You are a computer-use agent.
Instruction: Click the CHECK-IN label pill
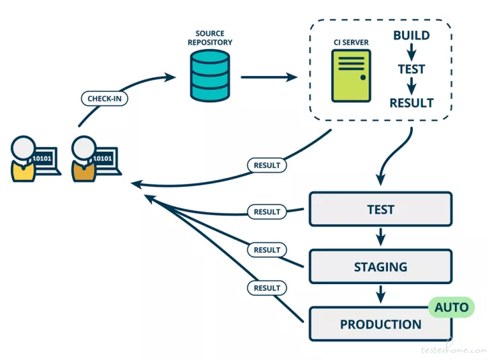click(x=104, y=99)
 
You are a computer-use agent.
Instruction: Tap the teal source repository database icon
click(x=210, y=76)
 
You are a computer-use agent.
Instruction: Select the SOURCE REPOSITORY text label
click(x=210, y=38)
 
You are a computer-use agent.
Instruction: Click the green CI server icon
click(x=351, y=76)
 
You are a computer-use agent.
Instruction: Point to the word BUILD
click(x=411, y=35)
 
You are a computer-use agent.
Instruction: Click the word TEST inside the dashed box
click(x=411, y=69)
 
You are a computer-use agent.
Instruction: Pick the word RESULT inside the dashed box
click(x=411, y=103)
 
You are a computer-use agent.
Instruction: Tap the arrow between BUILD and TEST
click(x=411, y=52)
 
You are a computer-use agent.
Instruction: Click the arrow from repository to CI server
click(x=269, y=77)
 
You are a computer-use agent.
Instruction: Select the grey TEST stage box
click(x=380, y=210)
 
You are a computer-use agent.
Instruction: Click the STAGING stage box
click(x=380, y=267)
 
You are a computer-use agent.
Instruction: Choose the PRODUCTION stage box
click(x=380, y=324)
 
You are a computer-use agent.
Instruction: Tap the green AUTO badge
click(x=451, y=307)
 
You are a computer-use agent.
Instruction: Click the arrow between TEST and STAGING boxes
click(x=380, y=236)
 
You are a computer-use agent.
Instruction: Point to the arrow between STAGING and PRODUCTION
click(x=380, y=294)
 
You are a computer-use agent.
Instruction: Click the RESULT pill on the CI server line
click(x=267, y=165)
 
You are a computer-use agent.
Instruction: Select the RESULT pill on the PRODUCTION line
click(x=267, y=288)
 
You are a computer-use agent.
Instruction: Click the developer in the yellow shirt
click(x=23, y=159)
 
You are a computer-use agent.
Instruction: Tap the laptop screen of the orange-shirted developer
click(x=103, y=159)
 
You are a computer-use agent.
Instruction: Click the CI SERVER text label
click(x=351, y=42)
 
